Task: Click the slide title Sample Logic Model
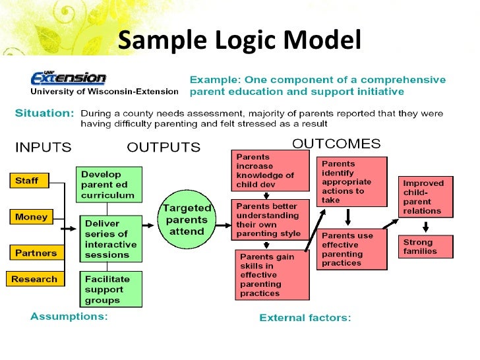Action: point(239,41)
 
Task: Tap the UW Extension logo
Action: point(69,78)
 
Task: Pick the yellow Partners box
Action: point(36,253)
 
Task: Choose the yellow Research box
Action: point(34,279)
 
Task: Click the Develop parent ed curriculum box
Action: point(108,185)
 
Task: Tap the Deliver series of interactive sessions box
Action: point(110,239)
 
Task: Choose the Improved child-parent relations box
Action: point(425,196)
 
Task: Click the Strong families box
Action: point(425,247)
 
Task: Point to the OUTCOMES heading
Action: point(336,144)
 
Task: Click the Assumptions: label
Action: point(69,316)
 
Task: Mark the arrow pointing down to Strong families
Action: point(425,226)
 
